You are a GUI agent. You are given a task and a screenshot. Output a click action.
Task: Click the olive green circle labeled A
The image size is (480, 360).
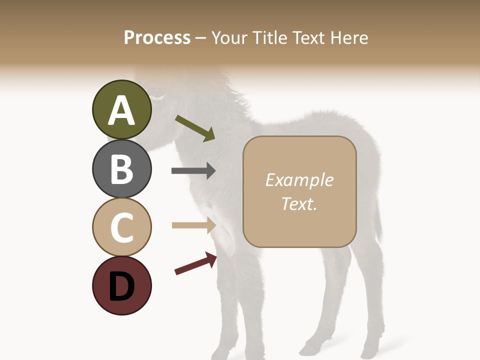[121, 109]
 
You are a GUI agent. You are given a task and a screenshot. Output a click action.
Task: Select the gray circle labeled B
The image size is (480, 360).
[121, 168]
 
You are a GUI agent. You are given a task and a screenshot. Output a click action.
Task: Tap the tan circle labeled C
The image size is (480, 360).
[121, 227]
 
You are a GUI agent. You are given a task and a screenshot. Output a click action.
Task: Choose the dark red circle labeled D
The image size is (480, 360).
[121, 285]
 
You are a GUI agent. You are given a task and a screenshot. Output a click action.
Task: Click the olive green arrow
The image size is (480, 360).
[195, 128]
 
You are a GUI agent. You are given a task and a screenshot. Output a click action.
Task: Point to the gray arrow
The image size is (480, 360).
[193, 171]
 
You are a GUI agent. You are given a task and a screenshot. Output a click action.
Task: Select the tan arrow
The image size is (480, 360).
[194, 225]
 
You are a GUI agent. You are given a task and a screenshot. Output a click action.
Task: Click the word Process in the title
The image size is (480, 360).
[157, 38]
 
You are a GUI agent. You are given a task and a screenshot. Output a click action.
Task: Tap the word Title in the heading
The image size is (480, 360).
[270, 38]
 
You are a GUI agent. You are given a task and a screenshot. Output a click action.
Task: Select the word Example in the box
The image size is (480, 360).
[299, 180]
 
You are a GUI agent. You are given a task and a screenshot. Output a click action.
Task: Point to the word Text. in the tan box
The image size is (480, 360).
[299, 203]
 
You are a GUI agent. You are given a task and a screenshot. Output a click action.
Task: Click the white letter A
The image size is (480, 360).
[121, 110]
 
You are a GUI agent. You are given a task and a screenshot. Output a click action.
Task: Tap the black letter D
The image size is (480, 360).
[121, 286]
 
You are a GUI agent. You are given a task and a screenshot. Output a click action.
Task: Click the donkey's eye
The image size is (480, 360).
[158, 94]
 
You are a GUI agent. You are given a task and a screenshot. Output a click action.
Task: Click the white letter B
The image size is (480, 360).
[121, 169]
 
